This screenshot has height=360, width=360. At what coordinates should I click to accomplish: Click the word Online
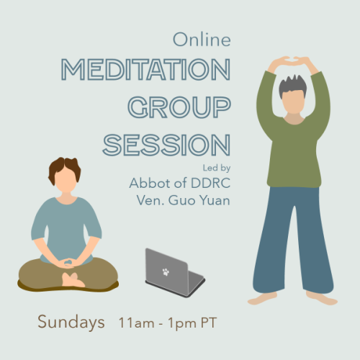tap(202, 40)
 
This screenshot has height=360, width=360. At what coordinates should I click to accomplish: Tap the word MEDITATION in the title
tap(146, 69)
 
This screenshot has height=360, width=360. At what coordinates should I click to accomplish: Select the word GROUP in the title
tap(179, 107)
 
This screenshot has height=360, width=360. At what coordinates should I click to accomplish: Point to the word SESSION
tap(167, 145)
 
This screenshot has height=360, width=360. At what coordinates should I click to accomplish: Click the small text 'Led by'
tap(217, 168)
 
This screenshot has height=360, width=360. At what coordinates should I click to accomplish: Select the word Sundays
tap(71, 322)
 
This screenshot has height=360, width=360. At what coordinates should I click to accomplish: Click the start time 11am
tap(136, 323)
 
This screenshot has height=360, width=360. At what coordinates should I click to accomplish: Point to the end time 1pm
tap(182, 323)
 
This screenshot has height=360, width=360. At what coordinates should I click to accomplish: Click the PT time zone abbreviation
tap(209, 323)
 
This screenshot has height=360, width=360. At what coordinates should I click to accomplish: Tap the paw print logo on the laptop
tap(166, 272)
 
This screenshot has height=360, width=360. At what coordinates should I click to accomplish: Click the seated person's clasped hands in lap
tap(67, 263)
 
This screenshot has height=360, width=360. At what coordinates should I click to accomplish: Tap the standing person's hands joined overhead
tap(293, 61)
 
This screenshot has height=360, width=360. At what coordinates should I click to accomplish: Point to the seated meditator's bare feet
tap(72, 280)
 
